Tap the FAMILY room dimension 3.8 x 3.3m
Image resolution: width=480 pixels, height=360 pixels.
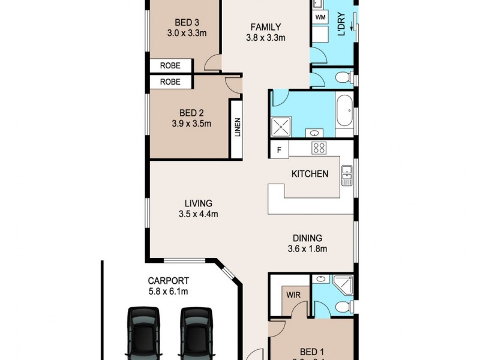tap(265, 37)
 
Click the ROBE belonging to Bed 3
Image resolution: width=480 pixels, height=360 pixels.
tap(170, 65)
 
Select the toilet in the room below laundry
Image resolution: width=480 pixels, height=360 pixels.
tap(343, 77)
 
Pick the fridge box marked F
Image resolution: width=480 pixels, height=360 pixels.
tap(278, 149)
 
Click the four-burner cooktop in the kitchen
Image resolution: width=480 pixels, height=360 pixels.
tap(319, 148)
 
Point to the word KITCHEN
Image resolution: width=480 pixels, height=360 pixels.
tap(310, 174)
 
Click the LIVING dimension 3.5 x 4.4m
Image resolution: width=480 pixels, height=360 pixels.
tap(198, 214)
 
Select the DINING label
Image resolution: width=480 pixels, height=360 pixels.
tap(307, 238)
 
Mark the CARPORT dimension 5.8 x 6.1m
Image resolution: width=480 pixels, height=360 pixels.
tap(169, 292)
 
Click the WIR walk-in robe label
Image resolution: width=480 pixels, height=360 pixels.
tap(293, 295)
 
